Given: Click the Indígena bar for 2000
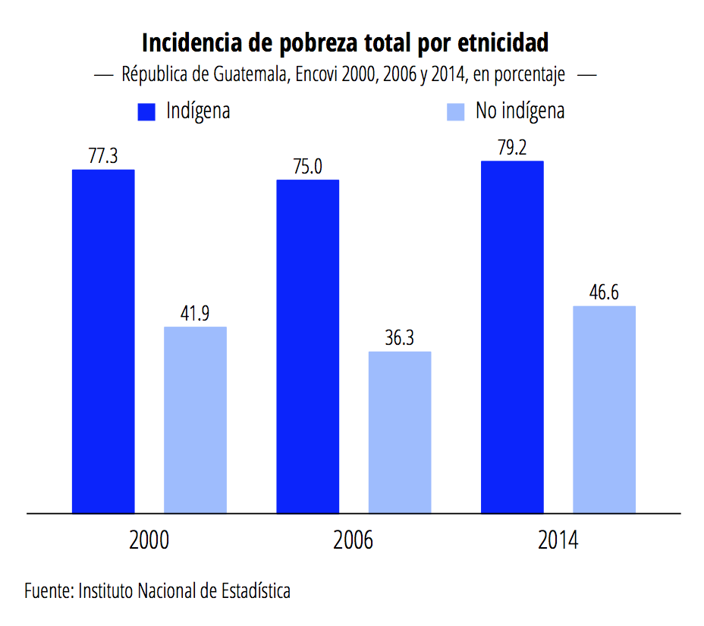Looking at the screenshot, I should [103, 341].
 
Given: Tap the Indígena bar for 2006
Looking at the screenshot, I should [307, 346].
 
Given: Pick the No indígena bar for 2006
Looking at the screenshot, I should [400, 432].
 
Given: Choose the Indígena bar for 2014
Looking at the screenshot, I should [512, 336].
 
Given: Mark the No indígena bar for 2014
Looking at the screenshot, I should [604, 409].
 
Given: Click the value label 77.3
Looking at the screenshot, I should [103, 157].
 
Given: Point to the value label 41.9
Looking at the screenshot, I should [196, 314].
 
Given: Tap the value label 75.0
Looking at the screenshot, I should [307, 167].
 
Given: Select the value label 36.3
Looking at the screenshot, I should [399, 339].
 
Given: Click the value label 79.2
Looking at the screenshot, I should [512, 148].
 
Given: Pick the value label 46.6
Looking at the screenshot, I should [604, 293].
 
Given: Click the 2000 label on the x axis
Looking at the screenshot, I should [149, 541].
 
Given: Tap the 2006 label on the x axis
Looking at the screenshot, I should [354, 541].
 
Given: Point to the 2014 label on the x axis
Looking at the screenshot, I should [558, 541].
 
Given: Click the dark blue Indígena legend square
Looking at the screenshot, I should [146, 111].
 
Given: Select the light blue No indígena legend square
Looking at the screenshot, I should [455, 111].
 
